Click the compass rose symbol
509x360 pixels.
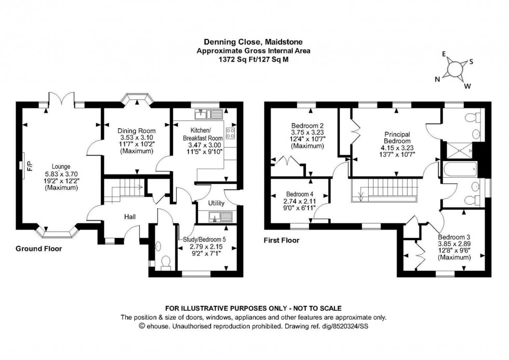pos(456,69)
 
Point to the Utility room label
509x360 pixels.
pos(216,203)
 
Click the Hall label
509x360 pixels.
pos(130,217)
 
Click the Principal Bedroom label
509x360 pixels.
pos(397,137)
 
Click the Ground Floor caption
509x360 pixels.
pos(38,249)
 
